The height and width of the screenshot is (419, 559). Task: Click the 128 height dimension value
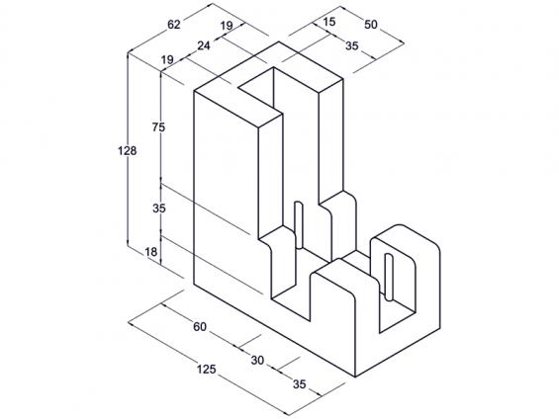pos(128,151)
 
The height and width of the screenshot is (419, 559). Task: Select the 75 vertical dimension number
pos(158,126)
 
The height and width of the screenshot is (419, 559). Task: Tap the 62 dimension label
pos(174,25)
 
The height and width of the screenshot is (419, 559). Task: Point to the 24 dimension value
pos(204,45)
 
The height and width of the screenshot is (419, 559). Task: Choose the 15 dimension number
pos(329,22)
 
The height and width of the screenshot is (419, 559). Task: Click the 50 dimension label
pos(370,24)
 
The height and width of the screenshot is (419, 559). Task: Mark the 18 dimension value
pos(151,252)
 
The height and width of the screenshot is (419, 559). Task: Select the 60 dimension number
pos(200,326)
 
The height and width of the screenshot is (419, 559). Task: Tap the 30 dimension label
pos(257,361)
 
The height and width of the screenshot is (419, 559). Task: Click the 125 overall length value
pos(207,370)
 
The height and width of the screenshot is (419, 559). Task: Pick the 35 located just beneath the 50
pos(351,45)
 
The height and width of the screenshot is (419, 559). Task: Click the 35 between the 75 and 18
pos(159,208)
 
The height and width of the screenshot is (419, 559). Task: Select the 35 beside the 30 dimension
pos(300,384)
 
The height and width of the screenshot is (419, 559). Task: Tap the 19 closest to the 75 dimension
pos(167,59)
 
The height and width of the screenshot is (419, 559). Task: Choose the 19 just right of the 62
pos(227,26)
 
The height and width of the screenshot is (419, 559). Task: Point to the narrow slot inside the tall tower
pos(299,225)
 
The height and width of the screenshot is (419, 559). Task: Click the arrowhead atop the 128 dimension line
pos(128,54)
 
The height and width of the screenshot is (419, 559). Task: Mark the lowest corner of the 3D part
pos(355,377)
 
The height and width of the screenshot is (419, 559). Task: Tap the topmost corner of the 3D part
pos(279,42)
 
